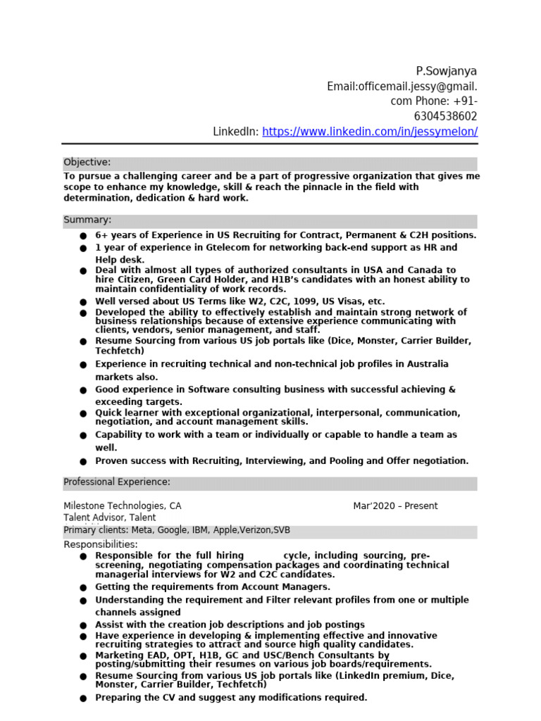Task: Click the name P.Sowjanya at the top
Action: tap(446, 71)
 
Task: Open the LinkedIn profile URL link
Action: tap(370, 132)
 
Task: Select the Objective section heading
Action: tap(87, 163)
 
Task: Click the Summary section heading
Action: tap(87, 220)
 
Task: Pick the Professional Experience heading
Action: tap(117, 482)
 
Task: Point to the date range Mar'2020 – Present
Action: tap(395, 506)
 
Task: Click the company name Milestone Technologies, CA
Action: tap(123, 506)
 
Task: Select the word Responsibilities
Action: tap(101, 544)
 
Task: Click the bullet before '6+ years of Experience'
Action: tap(83, 236)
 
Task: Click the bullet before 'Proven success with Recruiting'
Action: tap(83, 462)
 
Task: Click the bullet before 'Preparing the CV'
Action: tap(83, 698)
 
